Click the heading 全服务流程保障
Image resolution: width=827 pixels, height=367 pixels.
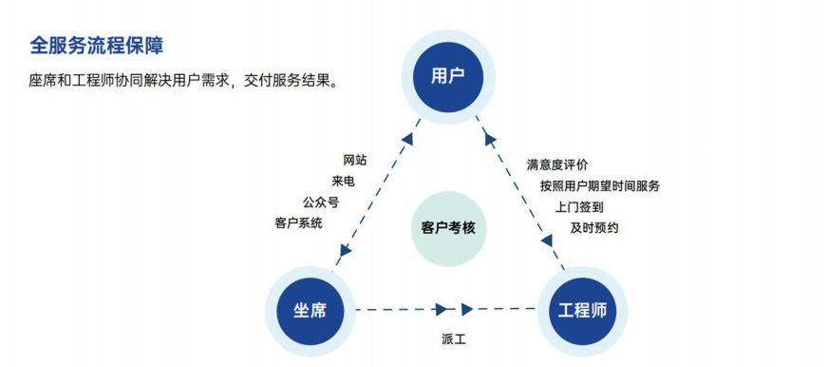pos(98,45)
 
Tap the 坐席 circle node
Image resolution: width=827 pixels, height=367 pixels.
pos(310,309)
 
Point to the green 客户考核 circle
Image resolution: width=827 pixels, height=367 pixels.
pos(448,228)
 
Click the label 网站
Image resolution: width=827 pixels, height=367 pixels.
pos(355,160)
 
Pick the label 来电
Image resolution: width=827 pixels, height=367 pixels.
pos(343,182)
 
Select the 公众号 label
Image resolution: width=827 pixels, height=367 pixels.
pos(321,203)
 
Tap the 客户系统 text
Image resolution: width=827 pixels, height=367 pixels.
pos(298,223)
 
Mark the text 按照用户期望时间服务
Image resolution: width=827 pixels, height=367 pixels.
pos(600,185)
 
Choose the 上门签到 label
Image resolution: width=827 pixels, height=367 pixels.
pos(579,206)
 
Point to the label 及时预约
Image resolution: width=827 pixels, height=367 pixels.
pos(594,228)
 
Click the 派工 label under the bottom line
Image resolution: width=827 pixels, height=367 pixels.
pos(454,338)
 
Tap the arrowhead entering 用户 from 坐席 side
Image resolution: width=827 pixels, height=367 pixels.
pos(407,139)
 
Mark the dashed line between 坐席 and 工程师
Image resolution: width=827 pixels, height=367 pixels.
pos(399,309)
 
